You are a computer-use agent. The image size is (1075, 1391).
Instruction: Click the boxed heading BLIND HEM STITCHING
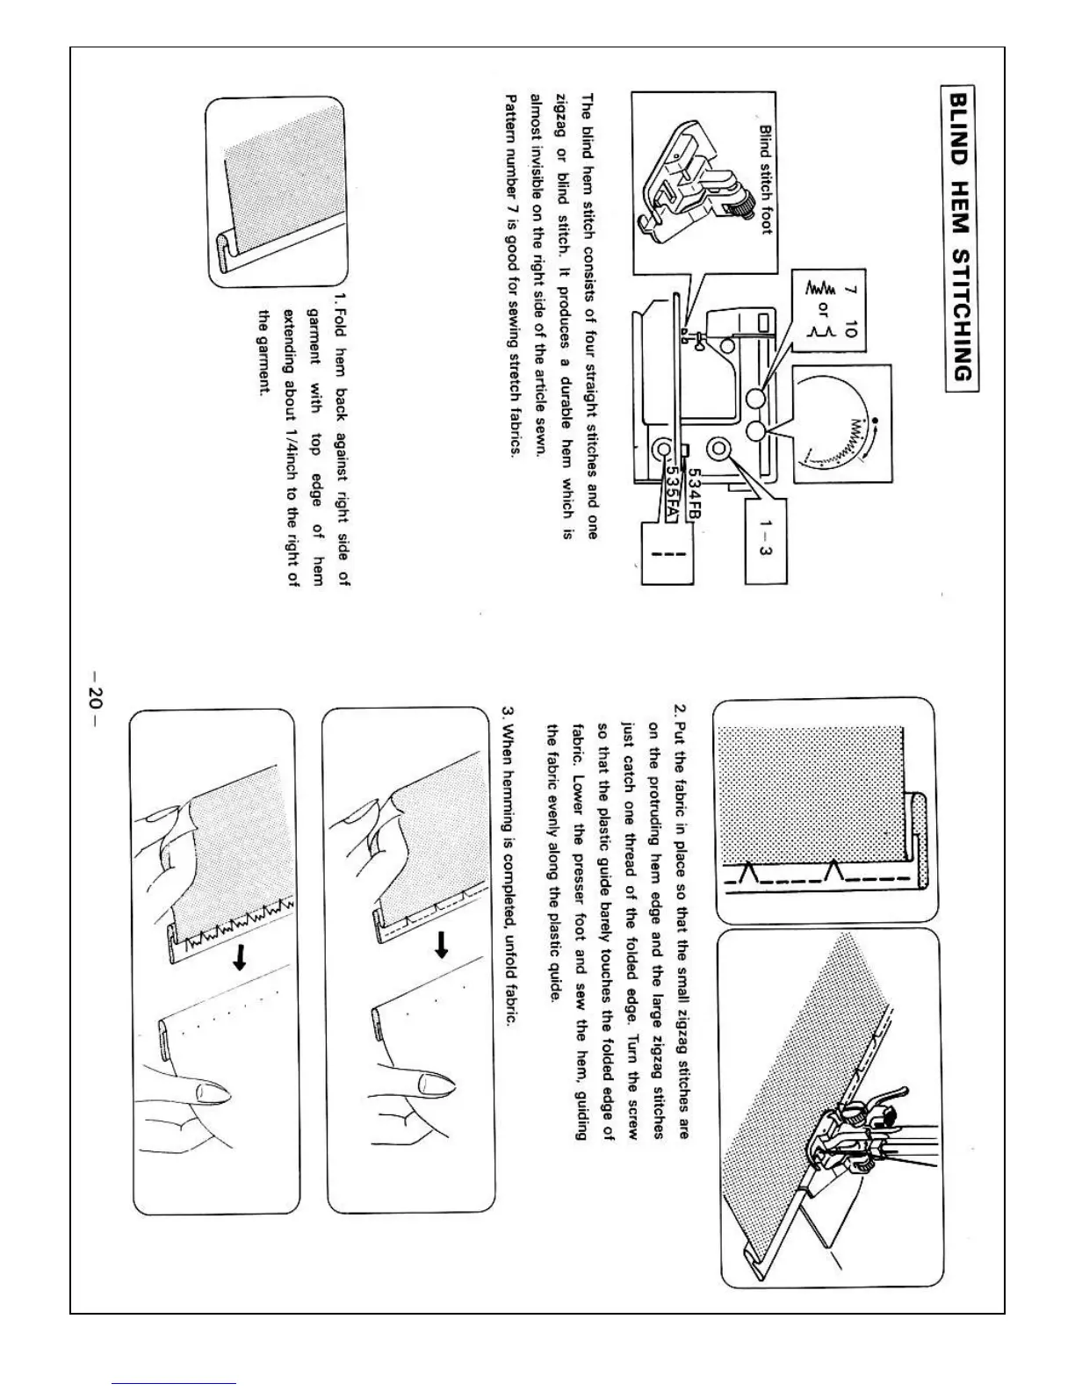click(x=960, y=234)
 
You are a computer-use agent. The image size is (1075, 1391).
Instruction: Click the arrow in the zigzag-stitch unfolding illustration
click(x=236, y=962)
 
